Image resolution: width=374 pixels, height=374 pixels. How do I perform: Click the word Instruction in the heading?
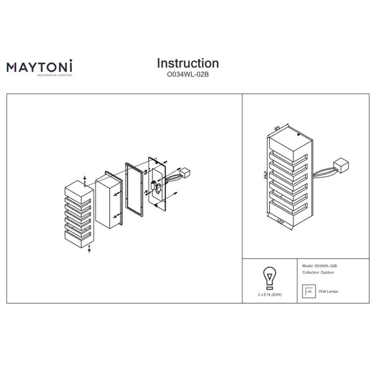tap(188, 64)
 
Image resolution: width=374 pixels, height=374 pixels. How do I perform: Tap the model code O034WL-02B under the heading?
tap(188, 75)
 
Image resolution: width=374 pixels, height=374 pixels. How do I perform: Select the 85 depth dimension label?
tap(277, 128)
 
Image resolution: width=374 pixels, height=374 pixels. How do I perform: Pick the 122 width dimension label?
tap(280, 221)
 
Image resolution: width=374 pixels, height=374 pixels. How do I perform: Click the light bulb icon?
tap(270, 278)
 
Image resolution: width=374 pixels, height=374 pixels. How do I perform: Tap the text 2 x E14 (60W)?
tap(270, 295)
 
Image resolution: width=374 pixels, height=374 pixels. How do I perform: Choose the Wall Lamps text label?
tap(328, 291)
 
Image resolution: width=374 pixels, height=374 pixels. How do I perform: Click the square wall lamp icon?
tap(309, 291)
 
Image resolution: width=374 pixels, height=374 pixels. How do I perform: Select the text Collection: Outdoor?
tap(318, 272)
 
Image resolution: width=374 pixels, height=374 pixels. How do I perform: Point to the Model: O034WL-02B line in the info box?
tap(319, 266)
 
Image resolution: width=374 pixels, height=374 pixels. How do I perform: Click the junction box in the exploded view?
tap(185, 172)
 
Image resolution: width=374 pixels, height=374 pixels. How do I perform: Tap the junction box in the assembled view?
tap(341, 166)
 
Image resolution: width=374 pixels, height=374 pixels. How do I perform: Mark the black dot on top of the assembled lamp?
tap(298, 135)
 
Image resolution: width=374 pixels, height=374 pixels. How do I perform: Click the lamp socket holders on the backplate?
tap(155, 187)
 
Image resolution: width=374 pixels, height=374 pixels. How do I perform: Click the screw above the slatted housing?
tap(85, 180)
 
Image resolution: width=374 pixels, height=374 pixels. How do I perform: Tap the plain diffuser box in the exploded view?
tap(109, 200)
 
